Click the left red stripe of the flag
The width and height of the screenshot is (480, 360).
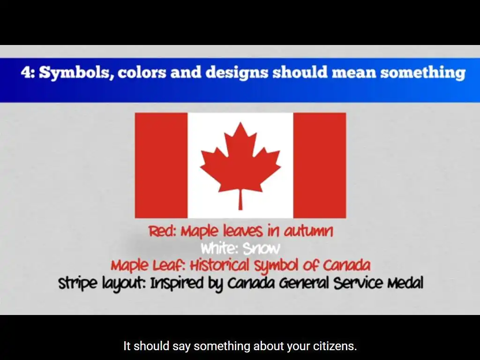coord(161,165)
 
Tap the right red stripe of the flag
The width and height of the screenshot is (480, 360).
coord(320,165)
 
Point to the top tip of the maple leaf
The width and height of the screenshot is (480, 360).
coord(240,122)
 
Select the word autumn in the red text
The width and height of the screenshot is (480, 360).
coord(308,231)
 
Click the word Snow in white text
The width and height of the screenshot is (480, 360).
coord(261,248)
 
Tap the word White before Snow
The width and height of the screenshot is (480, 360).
coord(219,248)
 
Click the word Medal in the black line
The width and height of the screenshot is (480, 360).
coord(405,282)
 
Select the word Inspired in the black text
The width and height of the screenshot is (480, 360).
coord(176,284)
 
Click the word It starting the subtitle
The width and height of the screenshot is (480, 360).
coord(127,346)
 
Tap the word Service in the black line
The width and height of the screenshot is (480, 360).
coord(358,282)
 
